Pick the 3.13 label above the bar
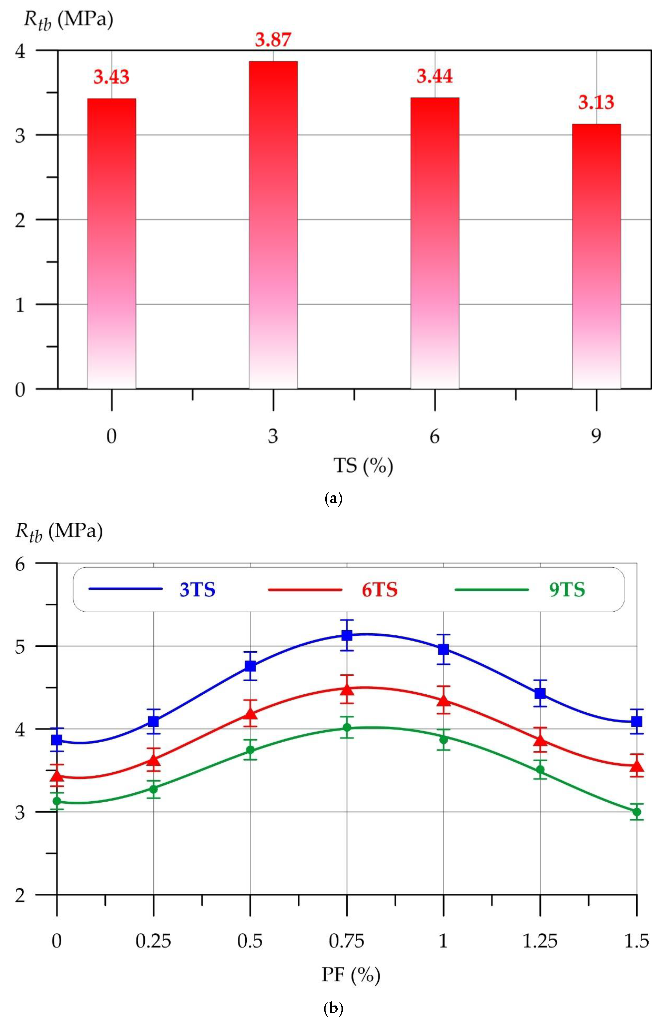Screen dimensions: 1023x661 click(596, 103)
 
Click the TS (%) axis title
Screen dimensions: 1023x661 click(363, 466)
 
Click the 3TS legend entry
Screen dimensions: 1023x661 click(197, 590)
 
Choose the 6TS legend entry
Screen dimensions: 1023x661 click(380, 590)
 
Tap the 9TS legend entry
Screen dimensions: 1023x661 click(567, 590)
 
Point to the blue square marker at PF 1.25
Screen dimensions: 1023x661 click(540, 693)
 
